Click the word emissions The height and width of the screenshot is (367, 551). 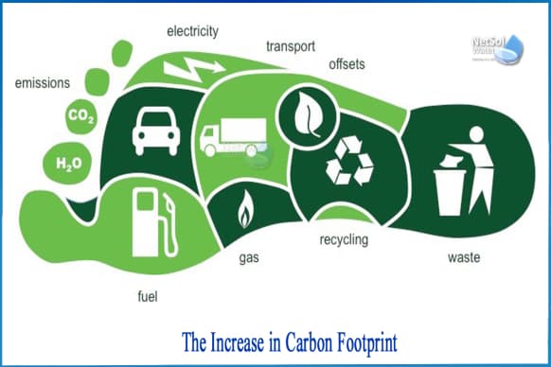point(42,83)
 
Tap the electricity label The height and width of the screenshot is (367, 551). point(192,31)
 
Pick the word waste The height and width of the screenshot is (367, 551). point(467,256)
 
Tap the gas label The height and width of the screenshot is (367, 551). point(252,256)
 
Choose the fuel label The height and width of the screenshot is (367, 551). point(148,299)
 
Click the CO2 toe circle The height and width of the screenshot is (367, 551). point(80,117)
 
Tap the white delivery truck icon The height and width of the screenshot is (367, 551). point(231,138)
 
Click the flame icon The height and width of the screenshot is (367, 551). point(244,209)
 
